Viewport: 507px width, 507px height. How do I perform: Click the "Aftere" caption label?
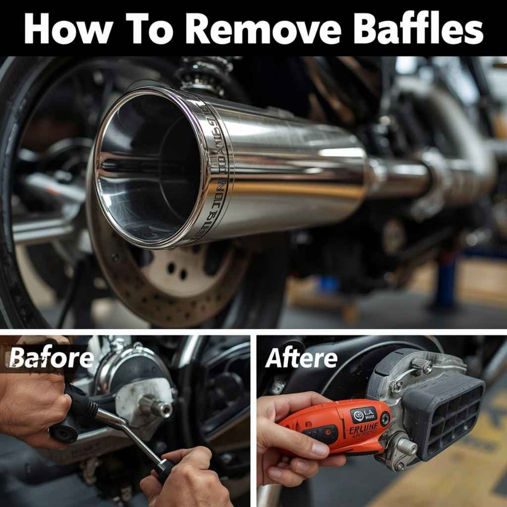click(301, 358)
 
